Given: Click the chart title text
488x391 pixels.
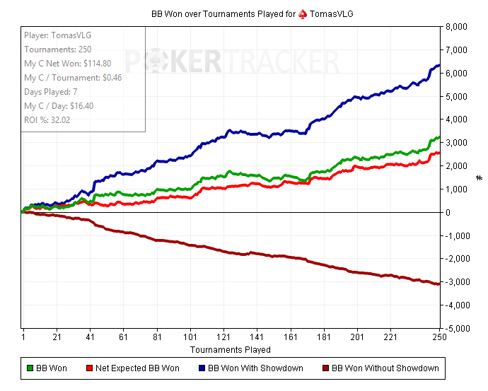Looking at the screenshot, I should coord(244,13).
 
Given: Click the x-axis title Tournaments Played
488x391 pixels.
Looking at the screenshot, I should coord(230,349).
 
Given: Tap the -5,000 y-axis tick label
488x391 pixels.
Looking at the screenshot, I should coord(458,329).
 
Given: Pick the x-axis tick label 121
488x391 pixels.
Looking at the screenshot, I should coord(227,337).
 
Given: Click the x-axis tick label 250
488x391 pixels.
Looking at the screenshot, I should coord(440,337).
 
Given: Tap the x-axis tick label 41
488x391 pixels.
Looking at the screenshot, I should coord(90,337).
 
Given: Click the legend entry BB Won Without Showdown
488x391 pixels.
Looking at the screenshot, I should coord(385,368).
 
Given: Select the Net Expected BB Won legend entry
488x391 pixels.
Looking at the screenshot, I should coord(137,368).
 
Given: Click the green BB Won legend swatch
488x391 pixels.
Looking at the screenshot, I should coord(30,368).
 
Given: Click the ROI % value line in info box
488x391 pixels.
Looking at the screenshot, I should coord(47,119).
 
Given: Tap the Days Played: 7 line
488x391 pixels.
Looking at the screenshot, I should coord(52,92).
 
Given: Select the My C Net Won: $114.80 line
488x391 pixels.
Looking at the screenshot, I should coord(67,64).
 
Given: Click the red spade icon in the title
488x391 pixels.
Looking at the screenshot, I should coord(303,13).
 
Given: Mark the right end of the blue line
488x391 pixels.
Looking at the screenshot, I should coord(439,66).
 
